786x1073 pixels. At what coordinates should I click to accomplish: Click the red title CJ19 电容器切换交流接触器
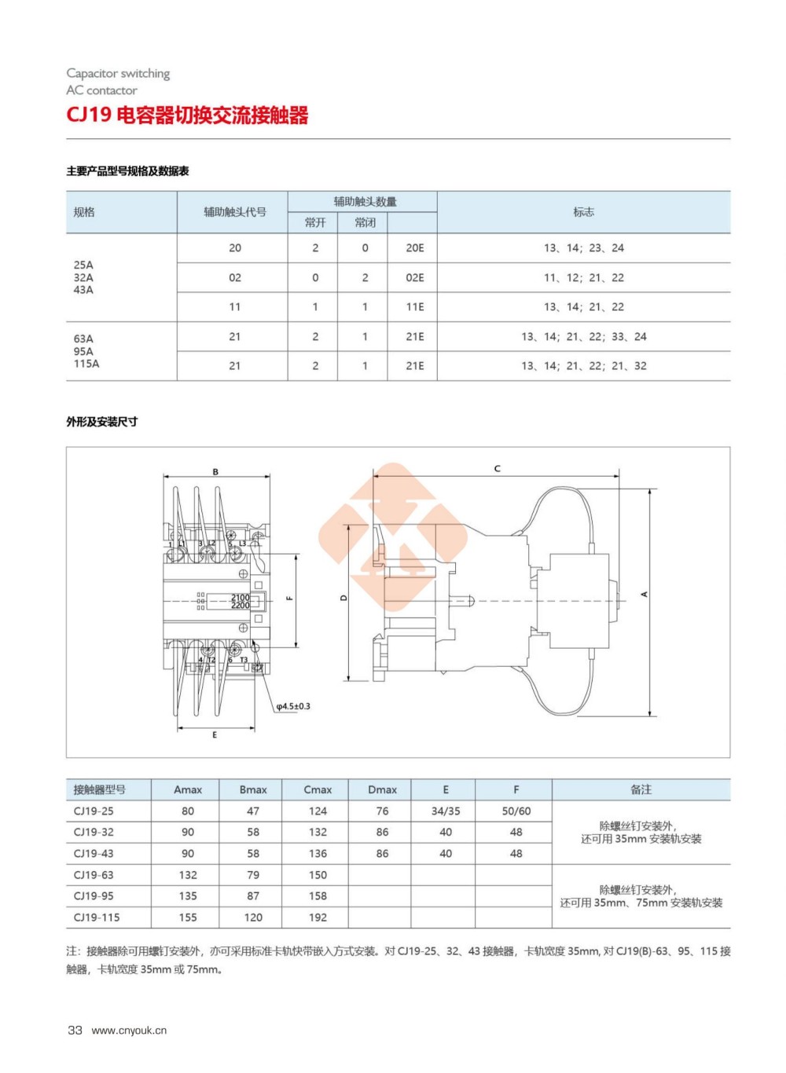(x=187, y=115)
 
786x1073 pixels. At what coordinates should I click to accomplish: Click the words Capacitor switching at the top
(x=118, y=73)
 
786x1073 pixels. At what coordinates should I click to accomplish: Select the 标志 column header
(x=583, y=212)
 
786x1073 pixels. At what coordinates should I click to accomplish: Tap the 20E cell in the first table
(x=414, y=248)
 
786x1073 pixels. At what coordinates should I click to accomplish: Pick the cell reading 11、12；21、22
(x=583, y=278)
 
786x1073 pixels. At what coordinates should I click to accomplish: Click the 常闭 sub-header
(x=365, y=223)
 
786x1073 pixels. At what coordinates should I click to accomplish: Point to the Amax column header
(x=188, y=790)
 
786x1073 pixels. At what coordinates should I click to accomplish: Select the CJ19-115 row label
(x=97, y=917)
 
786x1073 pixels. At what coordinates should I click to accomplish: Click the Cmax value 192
(x=318, y=917)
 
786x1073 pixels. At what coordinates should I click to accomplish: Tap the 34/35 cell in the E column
(x=446, y=811)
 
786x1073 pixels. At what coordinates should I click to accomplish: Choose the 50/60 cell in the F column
(x=516, y=811)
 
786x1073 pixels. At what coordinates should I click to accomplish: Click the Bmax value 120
(x=253, y=917)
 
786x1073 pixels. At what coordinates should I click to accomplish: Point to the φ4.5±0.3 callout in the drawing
(x=293, y=707)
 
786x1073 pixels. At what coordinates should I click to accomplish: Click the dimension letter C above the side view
(x=497, y=469)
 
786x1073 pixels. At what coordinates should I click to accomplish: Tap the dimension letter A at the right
(x=645, y=594)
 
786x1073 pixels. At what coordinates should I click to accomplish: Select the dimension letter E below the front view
(x=215, y=735)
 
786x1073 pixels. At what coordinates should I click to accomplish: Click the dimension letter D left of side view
(x=343, y=598)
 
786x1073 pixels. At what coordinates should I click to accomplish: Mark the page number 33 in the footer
(x=75, y=1031)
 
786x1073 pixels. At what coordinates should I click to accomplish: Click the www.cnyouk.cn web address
(x=129, y=1031)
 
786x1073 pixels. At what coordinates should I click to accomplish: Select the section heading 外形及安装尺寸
(x=102, y=422)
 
